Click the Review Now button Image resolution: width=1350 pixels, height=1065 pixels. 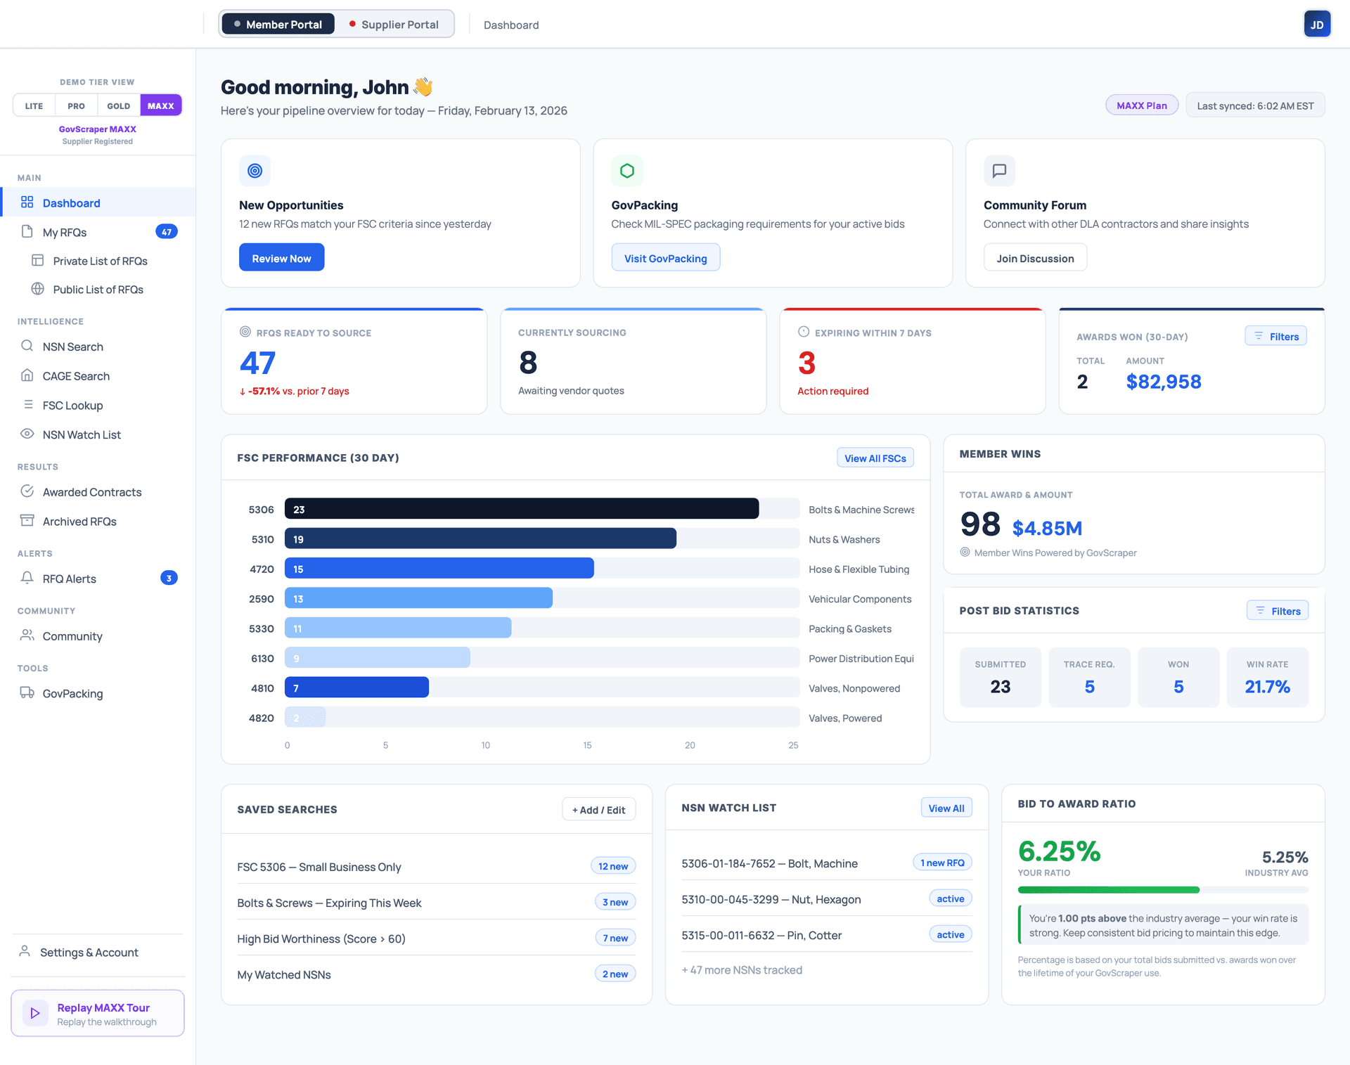click(281, 258)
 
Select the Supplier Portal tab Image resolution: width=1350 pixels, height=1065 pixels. click(394, 25)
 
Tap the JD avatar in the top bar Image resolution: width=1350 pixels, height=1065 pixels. click(1316, 25)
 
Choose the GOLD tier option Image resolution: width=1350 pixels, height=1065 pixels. click(118, 106)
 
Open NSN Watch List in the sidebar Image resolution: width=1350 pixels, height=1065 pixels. click(82, 435)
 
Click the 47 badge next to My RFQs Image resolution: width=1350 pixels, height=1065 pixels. click(167, 232)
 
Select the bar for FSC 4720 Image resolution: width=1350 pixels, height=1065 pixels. click(439, 569)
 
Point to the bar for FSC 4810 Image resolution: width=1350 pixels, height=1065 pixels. click(356, 688)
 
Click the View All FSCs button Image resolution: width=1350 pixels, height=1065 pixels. click(875, 458)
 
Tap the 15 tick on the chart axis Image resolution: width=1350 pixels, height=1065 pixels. click(587, 745)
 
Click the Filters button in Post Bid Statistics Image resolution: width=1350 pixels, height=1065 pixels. click(1278, 611)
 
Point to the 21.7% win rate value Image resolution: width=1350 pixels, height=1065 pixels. click(1267, 687)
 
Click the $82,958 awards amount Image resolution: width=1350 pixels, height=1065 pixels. click(1163, 382)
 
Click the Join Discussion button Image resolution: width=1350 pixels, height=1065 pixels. click(1035, 258)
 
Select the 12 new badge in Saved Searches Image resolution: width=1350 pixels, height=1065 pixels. click(612, 866)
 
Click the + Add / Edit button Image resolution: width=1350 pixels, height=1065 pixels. click(598, 810)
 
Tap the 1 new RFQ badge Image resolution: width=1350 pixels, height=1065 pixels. click(942, 863)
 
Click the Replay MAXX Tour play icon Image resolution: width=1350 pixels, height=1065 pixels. click(35, 1013)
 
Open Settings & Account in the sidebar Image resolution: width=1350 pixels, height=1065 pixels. click(89, 953)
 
